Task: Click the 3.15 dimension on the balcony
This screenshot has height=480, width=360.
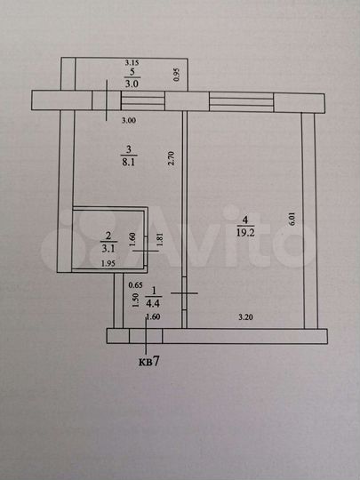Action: tap(132, 63)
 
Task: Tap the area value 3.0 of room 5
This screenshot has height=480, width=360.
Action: tap(132, 84)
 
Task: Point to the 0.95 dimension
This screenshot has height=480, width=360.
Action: tap(176, 75)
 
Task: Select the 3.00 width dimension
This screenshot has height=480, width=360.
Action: tap(129, 121)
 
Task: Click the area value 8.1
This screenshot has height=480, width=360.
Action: tap(129, 162)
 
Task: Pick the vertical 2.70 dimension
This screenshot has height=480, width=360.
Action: tap(172, 158)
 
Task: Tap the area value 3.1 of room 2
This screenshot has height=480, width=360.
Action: tap(108, 249)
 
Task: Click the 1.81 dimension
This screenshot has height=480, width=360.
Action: tap(158, 239)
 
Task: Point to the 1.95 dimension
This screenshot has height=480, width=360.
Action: tap(108, 264)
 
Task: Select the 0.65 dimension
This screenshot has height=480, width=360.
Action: tap(135, 285)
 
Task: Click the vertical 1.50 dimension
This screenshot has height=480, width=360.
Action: tap(137, 300)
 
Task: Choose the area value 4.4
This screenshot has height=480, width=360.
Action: tap(154, 304)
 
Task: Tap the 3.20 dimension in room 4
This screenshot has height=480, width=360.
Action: tap(245, 317)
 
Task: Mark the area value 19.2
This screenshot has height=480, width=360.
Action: tap(245, 233)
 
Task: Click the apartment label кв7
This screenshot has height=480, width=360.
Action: tap(149, 362)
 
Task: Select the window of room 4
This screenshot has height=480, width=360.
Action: tap(241, 102)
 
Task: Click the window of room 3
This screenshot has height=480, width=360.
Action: tap(143, 100)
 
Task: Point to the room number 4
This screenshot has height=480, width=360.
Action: tap(244, 220)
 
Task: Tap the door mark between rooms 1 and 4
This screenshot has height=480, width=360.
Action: tap(184, 293)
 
